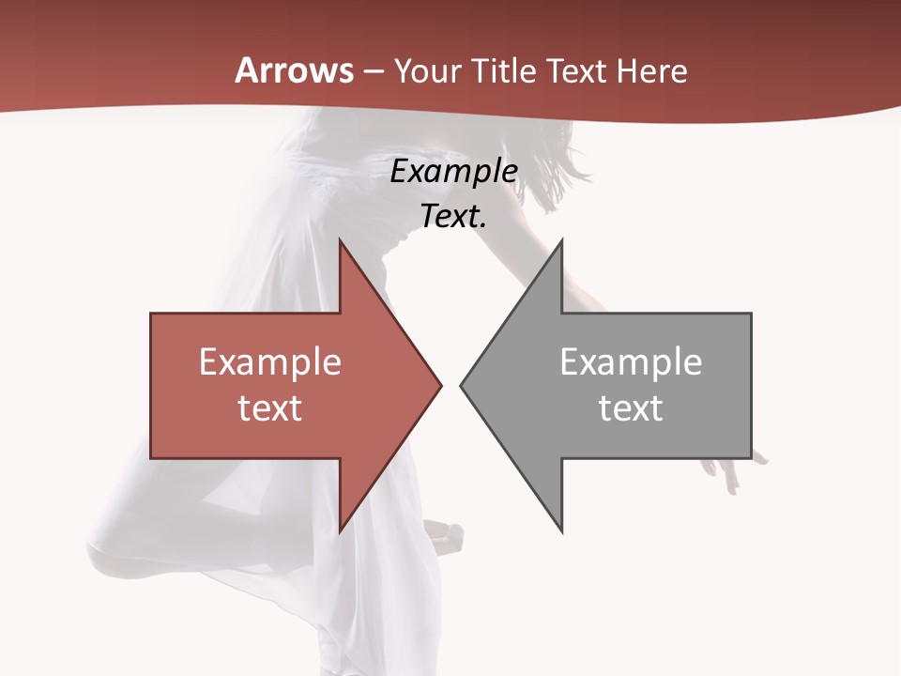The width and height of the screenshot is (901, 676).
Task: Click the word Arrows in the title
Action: pyautogui.click(x=295, y=70)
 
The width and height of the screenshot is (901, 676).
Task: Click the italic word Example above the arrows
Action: pyautogui.click(x=453, y=172)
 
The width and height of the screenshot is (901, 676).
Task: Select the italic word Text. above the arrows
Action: pyautogui.click(x=453, y=216)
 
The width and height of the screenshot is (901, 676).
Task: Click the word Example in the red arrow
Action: pyautogui.click(x=269, y=362)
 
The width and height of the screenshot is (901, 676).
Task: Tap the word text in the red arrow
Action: pyautogui.click(x=269, y=408)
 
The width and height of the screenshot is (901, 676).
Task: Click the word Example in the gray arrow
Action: pyautogui.click(x=631, y=362)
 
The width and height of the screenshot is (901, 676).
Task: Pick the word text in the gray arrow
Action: pyautogui.click(x=631, y=408)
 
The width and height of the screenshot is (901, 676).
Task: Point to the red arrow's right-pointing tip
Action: pyautogui.click(x=440, y=385)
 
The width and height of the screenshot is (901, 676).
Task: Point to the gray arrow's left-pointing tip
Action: pyautogui.click(x=461, y=385)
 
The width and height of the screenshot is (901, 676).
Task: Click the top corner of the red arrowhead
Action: pyautogui.click(x=340, y=240)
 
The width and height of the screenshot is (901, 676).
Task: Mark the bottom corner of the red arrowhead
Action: pyautogui.click(x=340, y=531)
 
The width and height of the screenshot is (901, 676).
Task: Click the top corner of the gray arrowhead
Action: pyautogui.click(x=561, y=240)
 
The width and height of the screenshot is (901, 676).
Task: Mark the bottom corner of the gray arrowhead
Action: pyautogui.click(x=561, y=531)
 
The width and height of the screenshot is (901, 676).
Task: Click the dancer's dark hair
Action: pyautogui.click(x=554, y=160)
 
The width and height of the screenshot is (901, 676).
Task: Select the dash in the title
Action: pyautogui.click(x=373, y=72)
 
